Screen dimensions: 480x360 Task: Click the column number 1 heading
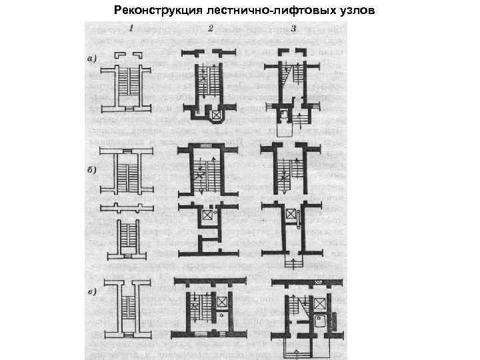tap(131, 29)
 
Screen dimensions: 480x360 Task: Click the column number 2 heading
tap(211, 29)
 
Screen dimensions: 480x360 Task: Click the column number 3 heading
tap(293, 29)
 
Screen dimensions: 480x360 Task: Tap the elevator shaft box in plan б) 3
tap(291, 214)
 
